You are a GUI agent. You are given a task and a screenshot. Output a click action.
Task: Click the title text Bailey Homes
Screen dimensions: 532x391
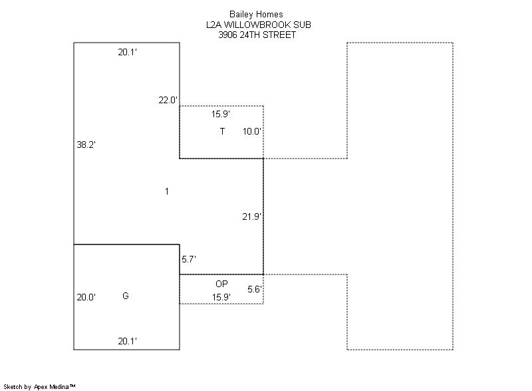point(256,14)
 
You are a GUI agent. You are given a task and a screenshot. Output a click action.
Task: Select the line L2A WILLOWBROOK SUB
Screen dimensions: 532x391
point(259,25)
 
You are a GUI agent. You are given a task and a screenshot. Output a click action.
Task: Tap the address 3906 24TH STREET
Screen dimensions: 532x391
point(257,35)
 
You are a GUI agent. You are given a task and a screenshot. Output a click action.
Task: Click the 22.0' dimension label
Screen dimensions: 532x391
point(168,100)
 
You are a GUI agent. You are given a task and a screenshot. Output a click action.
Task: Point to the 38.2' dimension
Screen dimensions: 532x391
point(86,145)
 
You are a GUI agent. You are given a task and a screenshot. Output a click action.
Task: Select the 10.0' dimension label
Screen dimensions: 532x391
point(252,131)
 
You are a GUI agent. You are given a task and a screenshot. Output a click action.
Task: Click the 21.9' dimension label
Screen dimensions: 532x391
point(252,216)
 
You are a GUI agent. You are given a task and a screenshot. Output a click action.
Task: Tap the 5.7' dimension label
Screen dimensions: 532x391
point(189,259)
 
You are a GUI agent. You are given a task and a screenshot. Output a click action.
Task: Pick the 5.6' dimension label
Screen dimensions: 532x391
point(255,289)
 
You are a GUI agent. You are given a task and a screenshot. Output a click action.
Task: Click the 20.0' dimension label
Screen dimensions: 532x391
point(86,297)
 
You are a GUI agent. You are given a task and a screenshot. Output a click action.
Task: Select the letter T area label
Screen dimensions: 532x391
point(222,131)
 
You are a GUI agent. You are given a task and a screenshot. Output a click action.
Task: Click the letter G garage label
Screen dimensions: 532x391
point(126,296)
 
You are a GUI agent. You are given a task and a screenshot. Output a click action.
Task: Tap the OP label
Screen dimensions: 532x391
point(221,284)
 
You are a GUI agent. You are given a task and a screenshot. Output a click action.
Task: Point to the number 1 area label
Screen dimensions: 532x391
point(167,191)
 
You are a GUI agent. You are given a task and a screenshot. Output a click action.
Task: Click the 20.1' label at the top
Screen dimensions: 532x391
point(128,52)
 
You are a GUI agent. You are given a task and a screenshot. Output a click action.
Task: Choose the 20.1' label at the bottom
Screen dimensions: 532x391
point(128,341)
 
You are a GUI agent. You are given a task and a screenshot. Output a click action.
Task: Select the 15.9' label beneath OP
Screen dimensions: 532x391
point(221,297)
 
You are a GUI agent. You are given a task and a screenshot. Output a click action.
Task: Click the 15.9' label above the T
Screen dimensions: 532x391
point(221,114)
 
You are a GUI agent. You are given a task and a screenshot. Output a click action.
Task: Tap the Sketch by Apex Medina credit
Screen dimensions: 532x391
point(39,386)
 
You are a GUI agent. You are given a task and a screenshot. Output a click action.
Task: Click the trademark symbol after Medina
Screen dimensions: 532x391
point(72,386)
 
